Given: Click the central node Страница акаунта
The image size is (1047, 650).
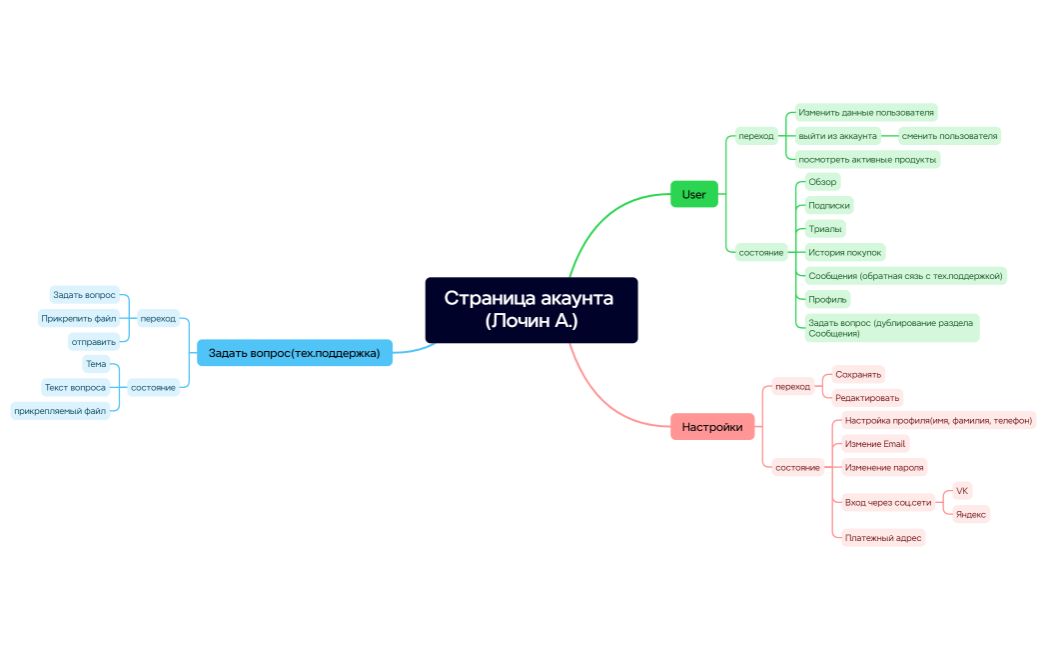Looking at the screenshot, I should pos(530,310).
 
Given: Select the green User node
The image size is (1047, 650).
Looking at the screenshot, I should pos(693,194).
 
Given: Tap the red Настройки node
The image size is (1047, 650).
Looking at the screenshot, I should pos(711,427).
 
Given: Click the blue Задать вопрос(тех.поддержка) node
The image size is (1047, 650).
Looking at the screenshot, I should pos(294,353).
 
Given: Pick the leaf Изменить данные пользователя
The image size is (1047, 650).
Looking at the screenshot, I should pos(866,113).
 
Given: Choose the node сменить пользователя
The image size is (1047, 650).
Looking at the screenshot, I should pos(949,136).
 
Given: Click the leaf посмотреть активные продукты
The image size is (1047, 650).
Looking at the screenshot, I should pos(867,159).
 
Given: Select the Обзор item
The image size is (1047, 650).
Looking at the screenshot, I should pos(822,182).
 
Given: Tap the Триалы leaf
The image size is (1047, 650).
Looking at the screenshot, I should pos(825,229).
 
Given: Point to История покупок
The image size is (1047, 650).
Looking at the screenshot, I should pos(844,252).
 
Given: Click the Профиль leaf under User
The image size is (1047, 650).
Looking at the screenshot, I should pos(828,299).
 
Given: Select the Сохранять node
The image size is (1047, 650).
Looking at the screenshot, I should pos(858,374).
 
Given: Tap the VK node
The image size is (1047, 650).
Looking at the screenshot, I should pos(962,491).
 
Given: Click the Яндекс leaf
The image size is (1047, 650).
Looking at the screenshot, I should pos(971,514).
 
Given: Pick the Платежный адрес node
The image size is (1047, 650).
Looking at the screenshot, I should pos(882,538).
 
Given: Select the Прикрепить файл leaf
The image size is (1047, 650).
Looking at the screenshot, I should pos(79,318).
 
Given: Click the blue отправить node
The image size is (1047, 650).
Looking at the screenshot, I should pos(94,342).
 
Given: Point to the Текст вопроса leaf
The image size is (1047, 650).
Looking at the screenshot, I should pos(75,387).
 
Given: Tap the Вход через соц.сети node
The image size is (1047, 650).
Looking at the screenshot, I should pos(887,502).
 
